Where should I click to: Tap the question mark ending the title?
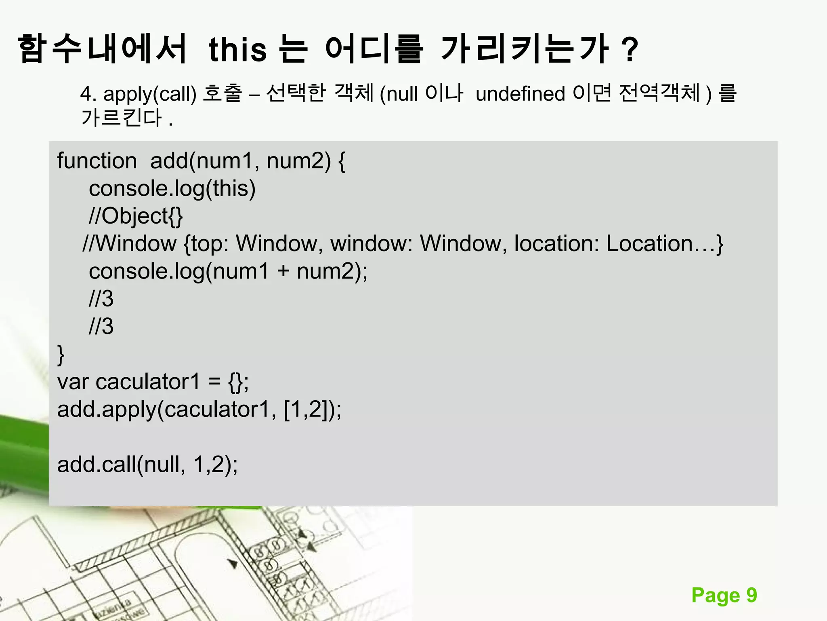tap(630, 50)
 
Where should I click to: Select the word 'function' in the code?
tap(97, 161)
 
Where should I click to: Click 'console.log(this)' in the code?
tap(172, 189)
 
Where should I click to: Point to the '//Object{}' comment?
tap(136, 216)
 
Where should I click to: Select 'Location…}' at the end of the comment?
tap(665, 244)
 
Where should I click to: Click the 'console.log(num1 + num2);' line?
tap(228, 271)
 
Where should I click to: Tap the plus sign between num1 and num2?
tap(283, 271)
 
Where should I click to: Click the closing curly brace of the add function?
tap(61, 355)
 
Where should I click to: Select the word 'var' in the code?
tap(73, 382)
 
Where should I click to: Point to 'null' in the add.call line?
tap(162, 465)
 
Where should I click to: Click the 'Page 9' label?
tap(724, 595)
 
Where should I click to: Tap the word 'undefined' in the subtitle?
tap(520, 94)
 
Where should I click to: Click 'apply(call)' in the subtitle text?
tap(150, 94)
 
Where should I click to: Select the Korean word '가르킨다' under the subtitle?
tap(121, 118)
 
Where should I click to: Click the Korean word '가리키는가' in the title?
tap(525, 50)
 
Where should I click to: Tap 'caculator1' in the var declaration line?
tap(148, 382)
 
